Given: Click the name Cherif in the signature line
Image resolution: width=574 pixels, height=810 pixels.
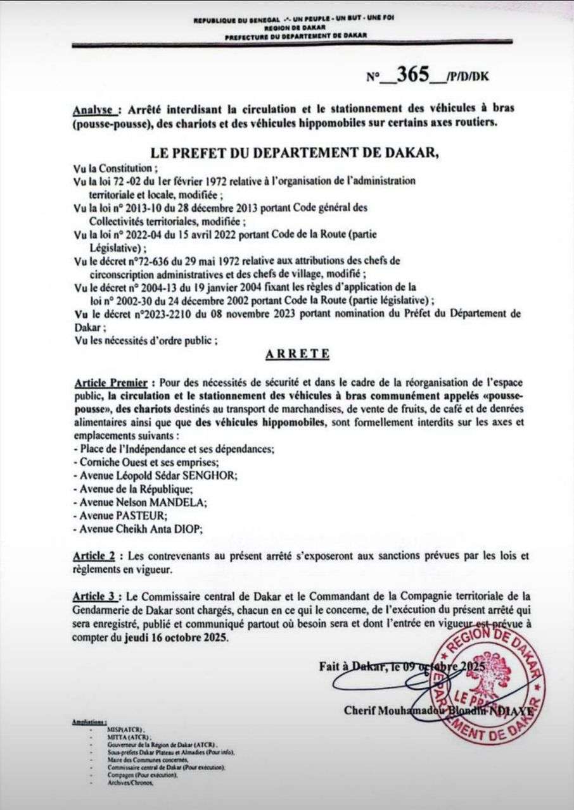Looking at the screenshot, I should (x=362, y=711).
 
